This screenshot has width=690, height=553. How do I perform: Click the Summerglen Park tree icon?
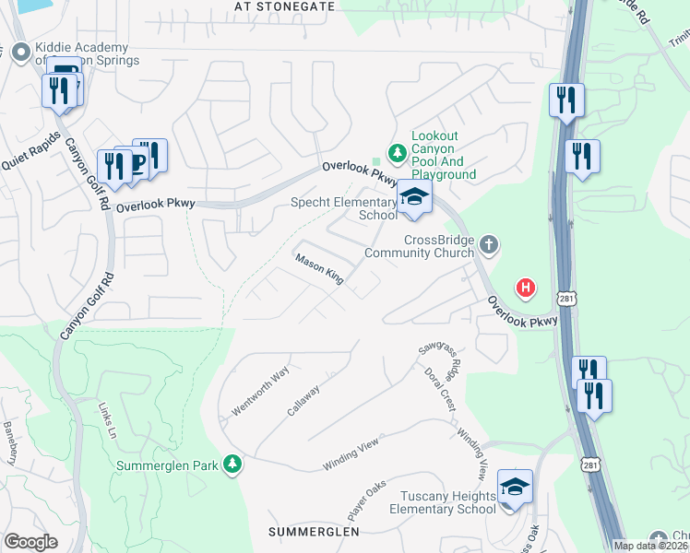click(x=235, y=464)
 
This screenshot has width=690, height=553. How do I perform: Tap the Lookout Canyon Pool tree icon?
click(x=398, y=152)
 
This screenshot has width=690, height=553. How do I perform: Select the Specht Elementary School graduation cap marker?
click(x=415, y=198)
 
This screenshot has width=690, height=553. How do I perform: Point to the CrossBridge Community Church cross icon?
click(x=489, y=245)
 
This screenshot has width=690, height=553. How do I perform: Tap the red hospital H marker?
click(x=526, y=288)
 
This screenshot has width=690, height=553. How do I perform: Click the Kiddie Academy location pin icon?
click(x=19, y=53)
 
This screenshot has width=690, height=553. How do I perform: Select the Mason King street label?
click(x=319, y=269)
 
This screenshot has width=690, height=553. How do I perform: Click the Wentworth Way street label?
click(x=261, y=391)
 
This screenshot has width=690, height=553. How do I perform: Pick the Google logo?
click(x=30, y=542)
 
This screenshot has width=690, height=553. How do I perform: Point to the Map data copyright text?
click(x=651, y=546)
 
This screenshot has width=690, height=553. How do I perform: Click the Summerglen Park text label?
click(x=166, y=465)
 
